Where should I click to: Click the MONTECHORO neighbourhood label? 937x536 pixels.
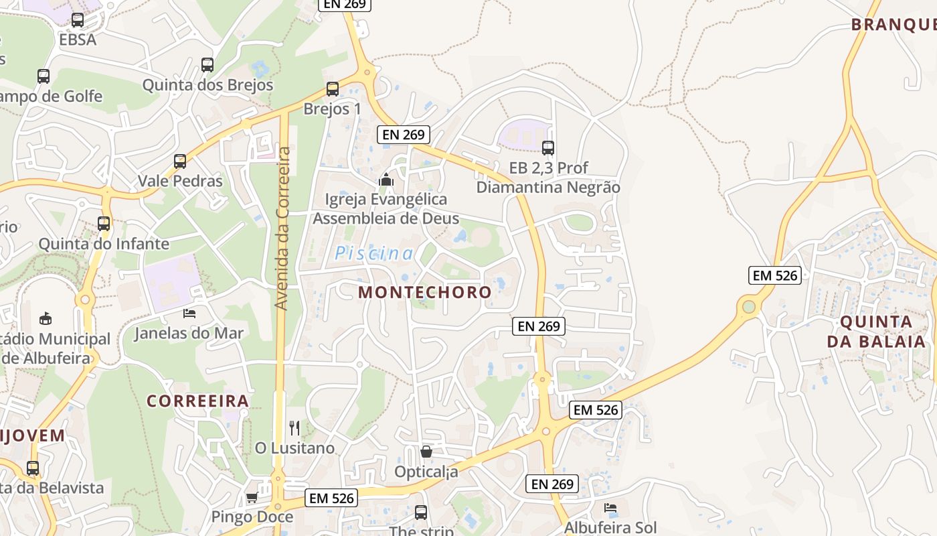click(425, 292)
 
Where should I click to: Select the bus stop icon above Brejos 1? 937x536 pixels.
click(332, 89)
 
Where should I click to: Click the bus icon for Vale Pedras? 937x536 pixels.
click(180, 161)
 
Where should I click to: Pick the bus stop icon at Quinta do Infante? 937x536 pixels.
click(104, 224)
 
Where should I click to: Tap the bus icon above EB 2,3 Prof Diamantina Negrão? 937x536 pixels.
click(548, 148)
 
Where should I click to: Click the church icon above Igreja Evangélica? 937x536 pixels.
click(386, 180)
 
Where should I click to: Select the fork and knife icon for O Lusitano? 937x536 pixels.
click(294, 427)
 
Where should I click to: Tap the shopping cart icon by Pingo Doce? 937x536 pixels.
click(252, 497)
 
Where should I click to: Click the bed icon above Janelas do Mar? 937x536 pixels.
click(189, 313)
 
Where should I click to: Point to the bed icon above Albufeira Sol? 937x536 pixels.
click(610, 508)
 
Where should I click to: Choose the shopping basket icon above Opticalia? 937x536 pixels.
click(426, 452)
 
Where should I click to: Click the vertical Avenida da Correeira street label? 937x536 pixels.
click(282, 228)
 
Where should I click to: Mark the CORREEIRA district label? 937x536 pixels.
click(197, 401)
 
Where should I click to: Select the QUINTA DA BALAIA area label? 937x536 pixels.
click(875, 331)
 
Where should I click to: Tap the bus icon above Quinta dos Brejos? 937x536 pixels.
click(207, 65)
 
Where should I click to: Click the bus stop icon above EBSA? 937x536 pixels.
click(78, 20)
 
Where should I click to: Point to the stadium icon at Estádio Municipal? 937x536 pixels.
click(46, 318)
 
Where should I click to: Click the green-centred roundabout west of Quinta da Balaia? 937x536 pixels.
click(748, 307)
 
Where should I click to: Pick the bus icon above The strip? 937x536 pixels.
click(421, 513)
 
